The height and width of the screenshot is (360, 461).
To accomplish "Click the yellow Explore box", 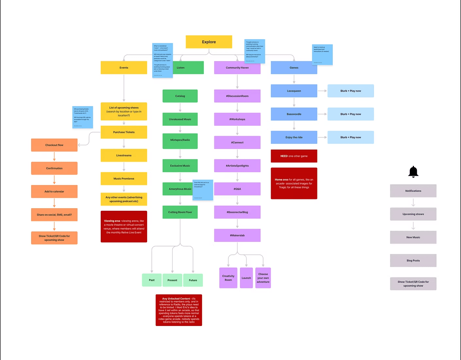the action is click(209, 42).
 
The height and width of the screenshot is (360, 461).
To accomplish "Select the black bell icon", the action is click(413, 171).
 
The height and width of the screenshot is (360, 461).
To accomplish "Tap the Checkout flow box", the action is click(54, 145).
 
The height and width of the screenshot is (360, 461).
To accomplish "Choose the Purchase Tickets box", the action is click(124, 132).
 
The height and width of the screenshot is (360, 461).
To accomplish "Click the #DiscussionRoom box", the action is click(237, 96).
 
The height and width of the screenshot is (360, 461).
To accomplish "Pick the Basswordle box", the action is click(294, 114).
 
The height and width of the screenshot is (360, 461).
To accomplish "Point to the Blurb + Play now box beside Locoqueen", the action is click(350, 91).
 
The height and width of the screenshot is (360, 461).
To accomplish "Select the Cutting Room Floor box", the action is click(180, 212).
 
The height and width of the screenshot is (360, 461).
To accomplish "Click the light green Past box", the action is click(152, 280).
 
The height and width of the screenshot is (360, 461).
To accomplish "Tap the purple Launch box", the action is click(246, 278).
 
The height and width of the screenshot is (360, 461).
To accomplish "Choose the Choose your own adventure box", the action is click(263, 278).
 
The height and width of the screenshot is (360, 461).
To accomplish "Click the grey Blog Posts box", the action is click(413, 261).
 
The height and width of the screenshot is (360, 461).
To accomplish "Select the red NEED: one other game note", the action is click(294, 156).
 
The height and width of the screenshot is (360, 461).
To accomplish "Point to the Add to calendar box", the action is click(54, 191).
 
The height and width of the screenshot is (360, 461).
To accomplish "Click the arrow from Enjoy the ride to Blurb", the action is click(322, 137).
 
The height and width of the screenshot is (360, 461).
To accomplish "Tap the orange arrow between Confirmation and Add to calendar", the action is click(54, 180).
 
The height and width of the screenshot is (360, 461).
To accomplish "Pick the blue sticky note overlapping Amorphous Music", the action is click(203, 190).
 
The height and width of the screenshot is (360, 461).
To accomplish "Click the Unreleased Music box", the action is click(180, 119).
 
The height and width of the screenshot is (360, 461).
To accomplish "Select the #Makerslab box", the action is click(237, 235).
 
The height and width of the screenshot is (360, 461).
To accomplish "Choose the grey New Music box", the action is click(413, 237).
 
